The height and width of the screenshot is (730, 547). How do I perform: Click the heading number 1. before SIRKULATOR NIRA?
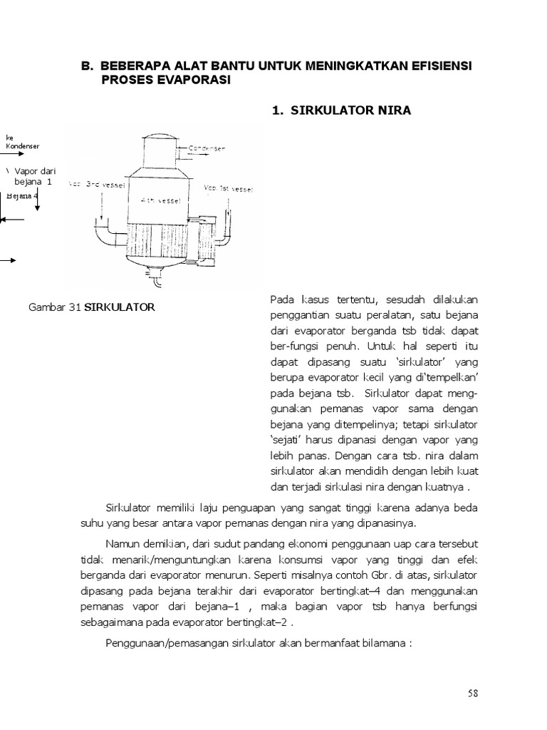pyautogui.click(x=278, y=110)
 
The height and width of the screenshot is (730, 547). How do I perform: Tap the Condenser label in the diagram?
pyautogui.click(x=207, y=149)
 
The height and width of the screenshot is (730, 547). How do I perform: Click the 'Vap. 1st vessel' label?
pyautogui.click(x=228, y=189)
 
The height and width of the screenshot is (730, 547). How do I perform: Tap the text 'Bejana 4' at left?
pyautogui.click(x=21, y=195)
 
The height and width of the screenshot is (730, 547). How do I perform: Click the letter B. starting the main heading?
pyautogui.click(x=87, y=66)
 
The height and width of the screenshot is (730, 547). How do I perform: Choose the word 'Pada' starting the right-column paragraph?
pyautogui.click(x=282, y=299)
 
